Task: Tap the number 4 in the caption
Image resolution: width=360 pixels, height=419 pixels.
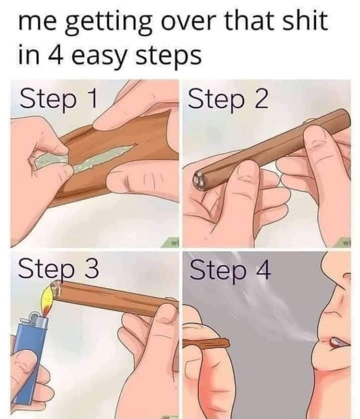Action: pos(56,55)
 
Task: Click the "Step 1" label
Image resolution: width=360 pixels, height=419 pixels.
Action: pos(58,99)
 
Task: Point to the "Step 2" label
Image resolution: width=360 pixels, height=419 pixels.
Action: pos(228,99)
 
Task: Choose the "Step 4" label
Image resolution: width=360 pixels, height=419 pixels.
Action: pos(230,270)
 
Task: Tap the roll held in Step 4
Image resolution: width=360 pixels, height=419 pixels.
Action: pos(206,344)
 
